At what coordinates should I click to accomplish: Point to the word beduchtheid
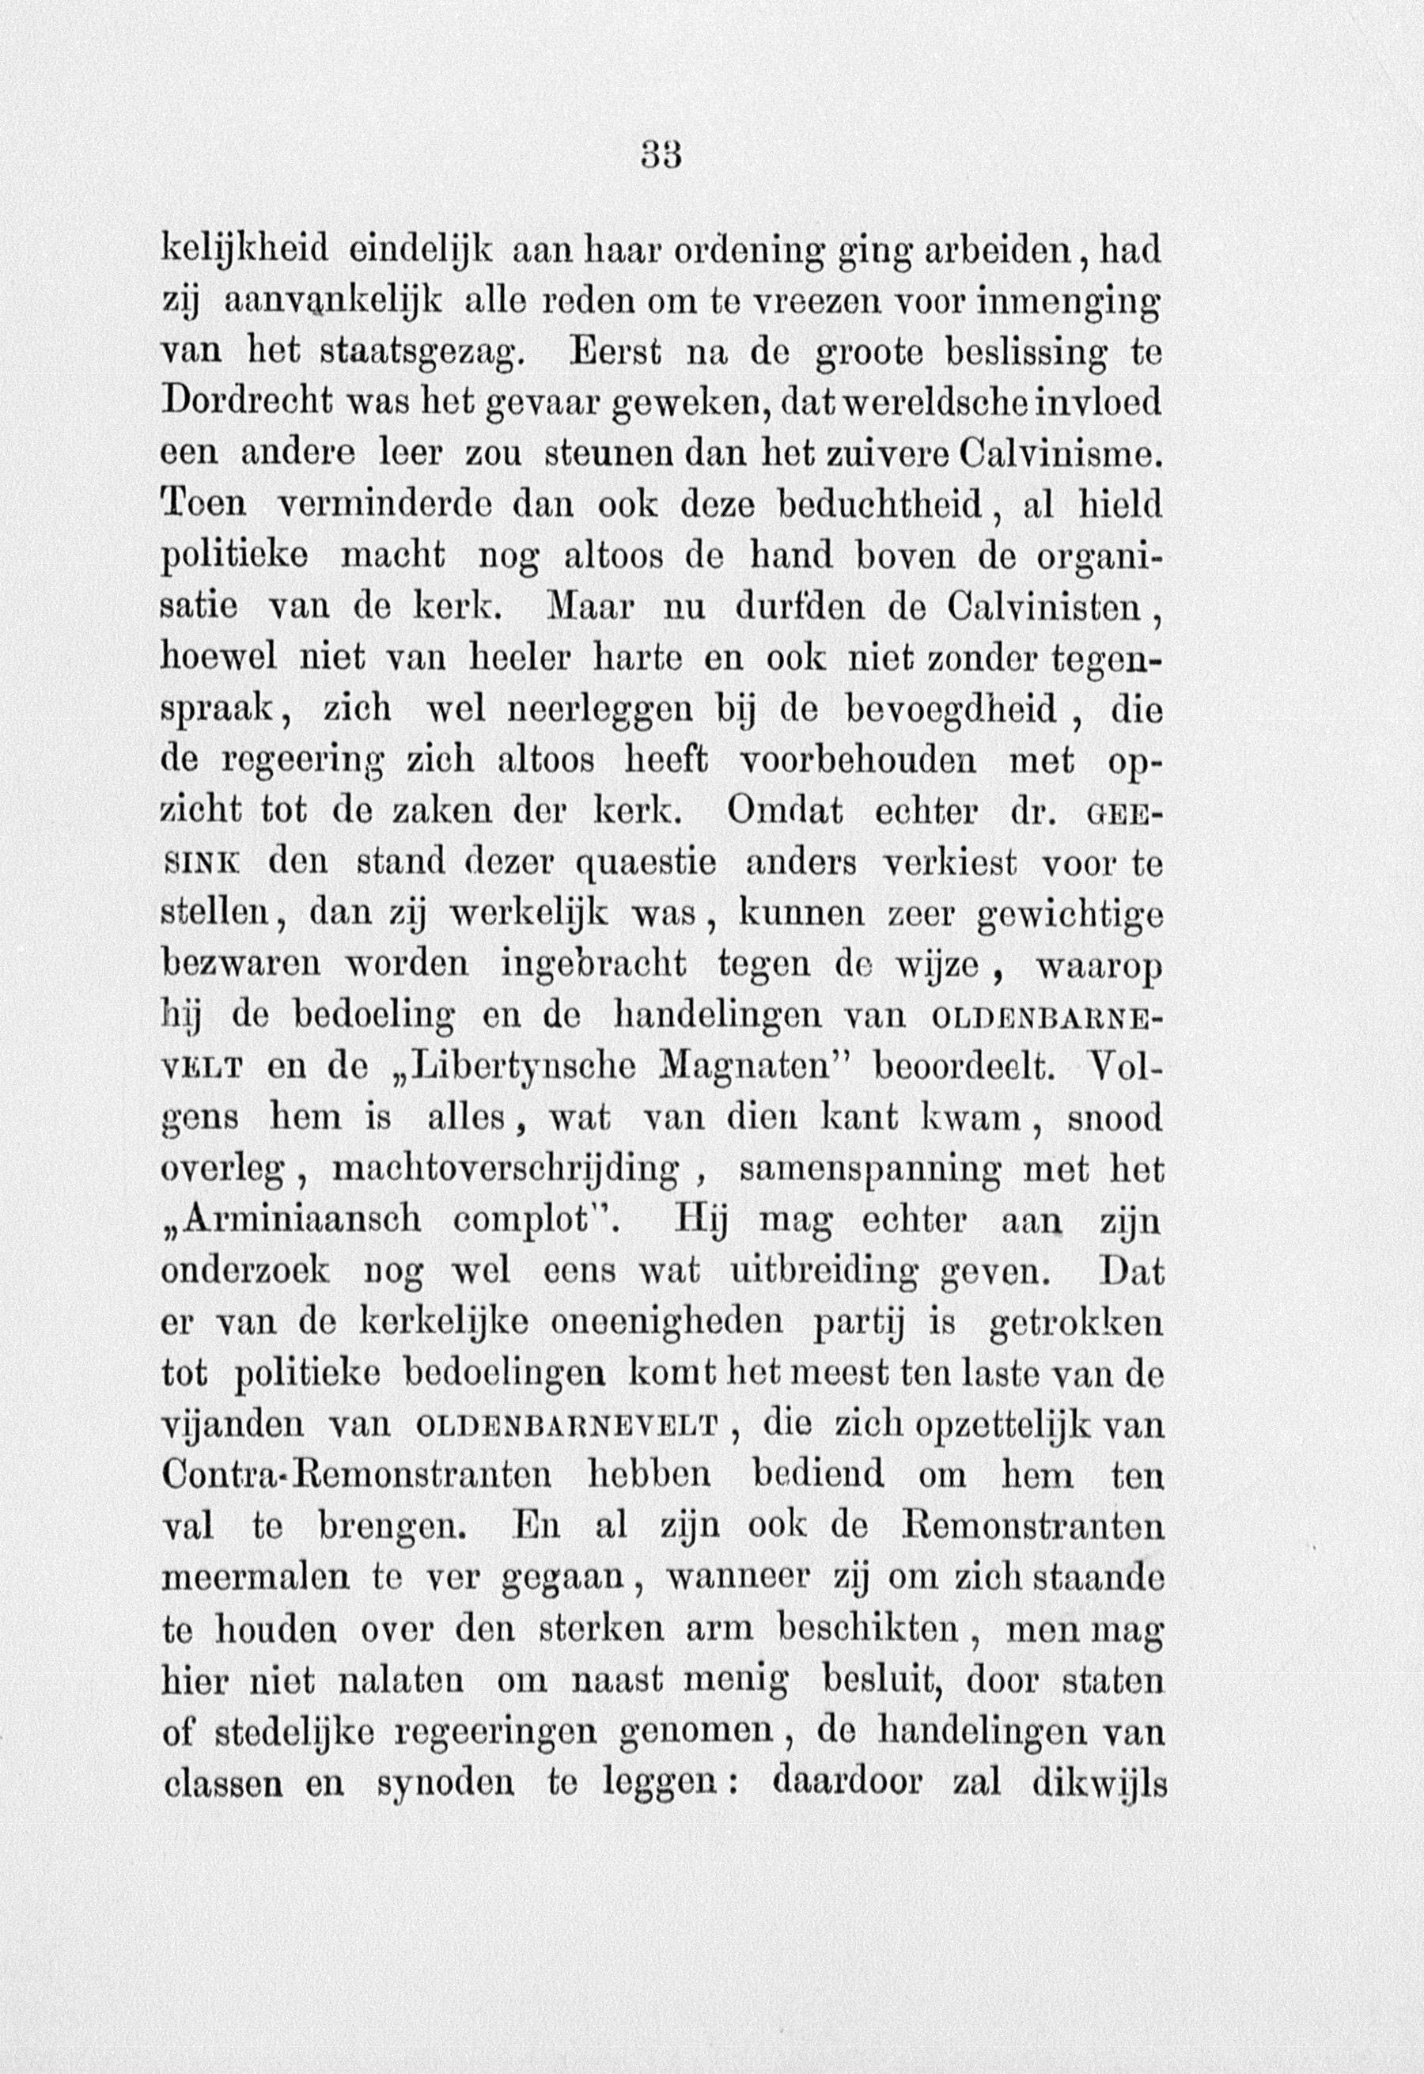point(884,505)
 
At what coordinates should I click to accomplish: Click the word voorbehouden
point(858,760)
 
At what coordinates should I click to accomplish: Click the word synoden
point(445,1782)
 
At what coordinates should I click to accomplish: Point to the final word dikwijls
point(1098,1782)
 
